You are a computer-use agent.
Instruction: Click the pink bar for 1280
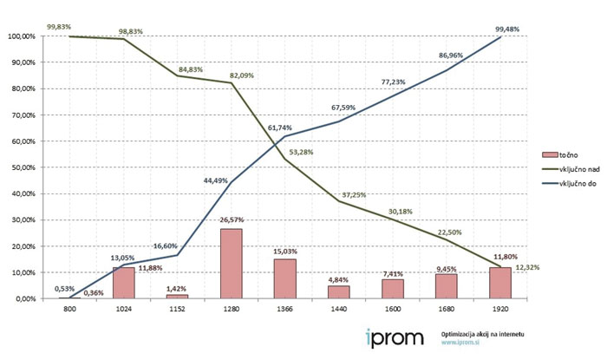coord(231,264)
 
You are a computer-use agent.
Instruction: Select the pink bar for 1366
coord(284,278)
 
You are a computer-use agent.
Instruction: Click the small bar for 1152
coord(177,296)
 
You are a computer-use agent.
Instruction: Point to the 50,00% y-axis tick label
coord(22,167)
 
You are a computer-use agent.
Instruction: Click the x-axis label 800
coord(69,310)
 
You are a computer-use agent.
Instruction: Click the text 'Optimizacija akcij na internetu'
coord(482,334)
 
